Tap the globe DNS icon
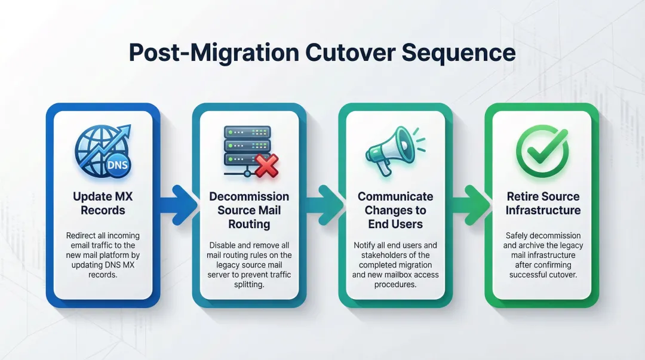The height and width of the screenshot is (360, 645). [x=102, y=149]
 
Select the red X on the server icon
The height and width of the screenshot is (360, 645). [x=266, y=165]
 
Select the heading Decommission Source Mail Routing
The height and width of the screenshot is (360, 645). [x=249, y=210]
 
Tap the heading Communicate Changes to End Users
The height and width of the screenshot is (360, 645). [x=395, y=210]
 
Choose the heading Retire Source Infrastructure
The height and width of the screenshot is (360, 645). [x=543, y=203]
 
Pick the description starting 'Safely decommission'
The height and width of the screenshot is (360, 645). [x=543, y=255]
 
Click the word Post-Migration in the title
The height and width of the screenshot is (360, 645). [x=213, y=53]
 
